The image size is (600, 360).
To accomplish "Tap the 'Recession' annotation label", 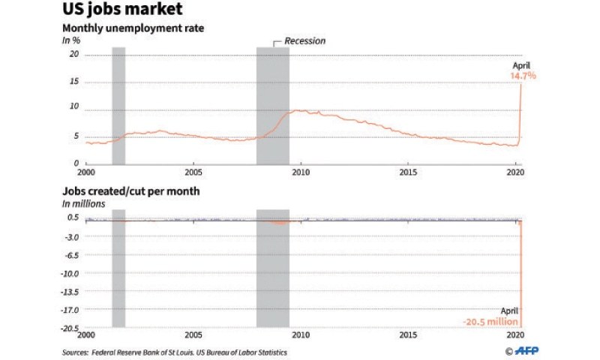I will [x=304, y=40].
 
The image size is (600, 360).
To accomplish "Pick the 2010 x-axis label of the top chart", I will [x=301, y=172].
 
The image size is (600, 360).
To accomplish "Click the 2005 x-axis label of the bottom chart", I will [x=193, y=336].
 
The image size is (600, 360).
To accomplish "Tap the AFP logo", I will [x=520, y=351].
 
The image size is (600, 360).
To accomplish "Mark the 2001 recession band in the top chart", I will [x=118, y=105].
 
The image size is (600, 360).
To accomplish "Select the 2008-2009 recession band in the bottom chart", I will [x=273, y=270].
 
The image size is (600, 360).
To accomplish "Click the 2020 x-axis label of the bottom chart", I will [x=515, y=336].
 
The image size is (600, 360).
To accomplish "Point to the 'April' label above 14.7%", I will [x=520, y=66].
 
